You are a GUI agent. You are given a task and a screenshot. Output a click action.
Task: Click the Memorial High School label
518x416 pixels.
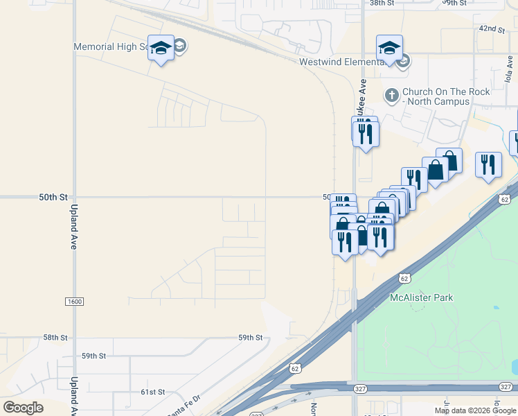(x=111, y=47)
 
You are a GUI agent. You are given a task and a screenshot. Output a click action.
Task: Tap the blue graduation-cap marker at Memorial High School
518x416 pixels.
(x=161, y=49)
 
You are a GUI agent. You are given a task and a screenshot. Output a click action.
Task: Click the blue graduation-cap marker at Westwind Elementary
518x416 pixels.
(x=389, y=49)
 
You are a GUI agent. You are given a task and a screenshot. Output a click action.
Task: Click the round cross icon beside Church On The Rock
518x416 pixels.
(x=392, y=95)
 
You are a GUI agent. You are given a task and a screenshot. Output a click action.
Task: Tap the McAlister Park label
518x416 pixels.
(x=421, y=297)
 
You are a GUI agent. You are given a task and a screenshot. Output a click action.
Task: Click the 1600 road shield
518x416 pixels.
(x=74, y=302)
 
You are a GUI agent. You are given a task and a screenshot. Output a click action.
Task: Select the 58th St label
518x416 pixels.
(x=55, y=338)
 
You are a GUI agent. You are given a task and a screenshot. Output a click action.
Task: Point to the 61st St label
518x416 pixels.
(x=152, y=392)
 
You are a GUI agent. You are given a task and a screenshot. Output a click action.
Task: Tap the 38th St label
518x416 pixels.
(x=381, y=3)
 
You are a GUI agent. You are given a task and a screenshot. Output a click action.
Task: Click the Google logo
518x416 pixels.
(x=24, y=407)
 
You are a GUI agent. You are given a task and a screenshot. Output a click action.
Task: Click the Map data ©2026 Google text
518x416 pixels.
(x=475, y=410)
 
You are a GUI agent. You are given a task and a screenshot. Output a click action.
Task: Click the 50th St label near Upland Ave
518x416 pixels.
(x=53, y=198)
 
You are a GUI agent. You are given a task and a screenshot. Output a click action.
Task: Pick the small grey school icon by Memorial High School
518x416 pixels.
(x=180, y=46)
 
